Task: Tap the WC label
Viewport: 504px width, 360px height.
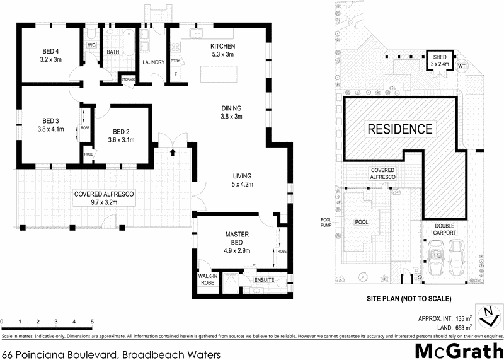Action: coord(91,45)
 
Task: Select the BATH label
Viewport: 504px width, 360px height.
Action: coord(113,52)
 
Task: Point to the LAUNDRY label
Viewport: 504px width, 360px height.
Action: coord(154,62)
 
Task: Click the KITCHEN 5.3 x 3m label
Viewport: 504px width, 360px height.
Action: coord(223,50)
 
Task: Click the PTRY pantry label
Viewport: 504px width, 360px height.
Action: coord(175,61)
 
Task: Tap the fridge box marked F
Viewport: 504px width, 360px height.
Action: coord(176,74)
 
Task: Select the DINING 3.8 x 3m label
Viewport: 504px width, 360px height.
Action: coord(231,112)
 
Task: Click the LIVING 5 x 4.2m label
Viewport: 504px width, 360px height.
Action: coord(241,180)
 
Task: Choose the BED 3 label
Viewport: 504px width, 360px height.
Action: coord(50,125)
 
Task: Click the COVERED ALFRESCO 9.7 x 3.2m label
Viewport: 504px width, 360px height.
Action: coord(105,198)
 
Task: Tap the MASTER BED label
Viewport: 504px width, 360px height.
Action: coord(238,238)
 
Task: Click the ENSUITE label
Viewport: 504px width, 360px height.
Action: coord(264,279)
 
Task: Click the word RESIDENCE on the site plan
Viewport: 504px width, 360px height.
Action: coord(400,129)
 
